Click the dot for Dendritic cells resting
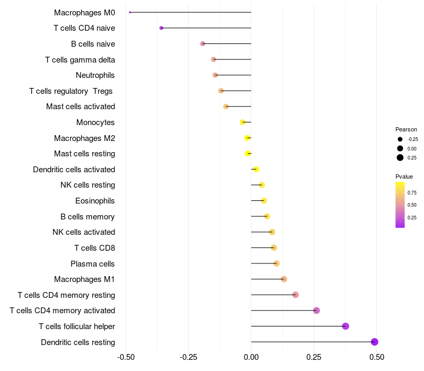point(375,342)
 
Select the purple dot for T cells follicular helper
point(346,326)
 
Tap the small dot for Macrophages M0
point(130,12)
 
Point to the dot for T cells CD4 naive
point(161,28)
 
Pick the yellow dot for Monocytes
point(243,122)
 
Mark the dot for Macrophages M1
point(284,279)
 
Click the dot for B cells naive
point(202,43)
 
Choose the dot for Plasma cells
point(276,263)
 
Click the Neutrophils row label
point(95,75)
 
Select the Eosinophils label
point(95,201)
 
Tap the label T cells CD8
point(95,248)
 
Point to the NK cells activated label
point(84,232)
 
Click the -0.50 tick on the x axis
point(126,357)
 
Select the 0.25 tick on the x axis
point(314,357)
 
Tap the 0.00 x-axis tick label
point(251,357)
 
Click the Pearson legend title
point(406,129)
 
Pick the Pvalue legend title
point(404,176)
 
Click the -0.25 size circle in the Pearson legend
point(400,139)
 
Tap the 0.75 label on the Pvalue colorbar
point(412,192)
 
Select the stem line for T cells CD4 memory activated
point(284,311)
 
